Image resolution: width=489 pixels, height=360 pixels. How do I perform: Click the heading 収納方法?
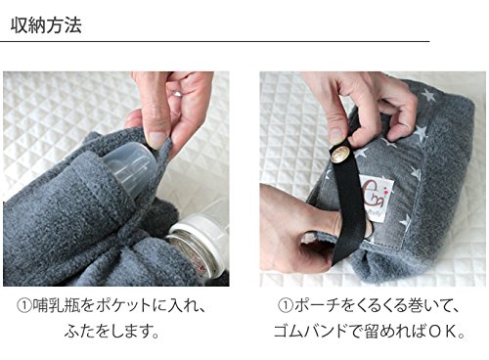click(x=46, y=25)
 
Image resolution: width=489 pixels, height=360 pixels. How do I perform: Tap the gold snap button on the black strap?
click(x=340, y=154)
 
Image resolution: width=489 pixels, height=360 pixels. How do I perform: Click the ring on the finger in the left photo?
click(x=177, y=94)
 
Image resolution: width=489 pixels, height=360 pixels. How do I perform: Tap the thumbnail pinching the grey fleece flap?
click(x=155, y=139)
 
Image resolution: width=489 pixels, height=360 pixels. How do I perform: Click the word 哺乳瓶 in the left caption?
click(x=57, y=306)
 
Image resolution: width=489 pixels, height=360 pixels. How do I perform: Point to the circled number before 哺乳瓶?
click(x=24, y=307)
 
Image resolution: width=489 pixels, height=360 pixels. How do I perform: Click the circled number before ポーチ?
click(x=286, y=307)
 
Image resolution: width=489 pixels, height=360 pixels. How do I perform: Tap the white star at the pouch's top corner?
click(x=428, y=95)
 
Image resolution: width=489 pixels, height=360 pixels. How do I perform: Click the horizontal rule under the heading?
click(x=214, y=42)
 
